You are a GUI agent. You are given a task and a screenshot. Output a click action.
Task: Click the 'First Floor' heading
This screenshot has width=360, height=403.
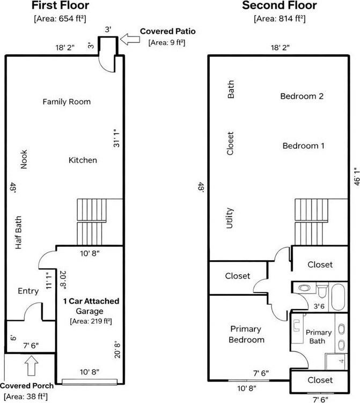(x=60, y=6)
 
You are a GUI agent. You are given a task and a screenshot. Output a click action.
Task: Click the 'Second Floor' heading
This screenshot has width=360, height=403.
(x=279, y=6)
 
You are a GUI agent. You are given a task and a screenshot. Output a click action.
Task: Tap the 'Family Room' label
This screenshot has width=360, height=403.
(x=67, y=101)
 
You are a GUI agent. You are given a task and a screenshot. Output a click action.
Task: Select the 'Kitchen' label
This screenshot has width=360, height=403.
(x=83, y=160)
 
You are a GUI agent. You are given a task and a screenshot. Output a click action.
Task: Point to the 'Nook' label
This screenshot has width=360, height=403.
(x=24, y=159)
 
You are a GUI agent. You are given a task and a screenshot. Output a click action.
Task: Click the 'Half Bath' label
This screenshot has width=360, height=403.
(x=18, y=236)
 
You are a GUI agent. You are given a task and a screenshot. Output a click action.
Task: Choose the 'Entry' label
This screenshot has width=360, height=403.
(x=28, y=291)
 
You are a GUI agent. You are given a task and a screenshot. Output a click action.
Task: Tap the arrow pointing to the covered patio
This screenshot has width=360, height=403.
(x=128, y=38)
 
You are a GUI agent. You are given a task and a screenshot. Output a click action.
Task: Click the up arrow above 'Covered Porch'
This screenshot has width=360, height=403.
(x=30, y=368)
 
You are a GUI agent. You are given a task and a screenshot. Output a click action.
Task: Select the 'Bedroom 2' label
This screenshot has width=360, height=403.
(x=302, y=97)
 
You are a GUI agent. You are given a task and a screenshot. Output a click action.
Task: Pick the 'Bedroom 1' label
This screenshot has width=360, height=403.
(x=304, y=145)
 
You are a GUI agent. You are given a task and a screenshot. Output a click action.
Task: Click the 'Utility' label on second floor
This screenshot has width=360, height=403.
(x=230, y=218)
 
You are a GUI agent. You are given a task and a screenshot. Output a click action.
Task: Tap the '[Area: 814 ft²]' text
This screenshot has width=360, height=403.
(x=279, y=19)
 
